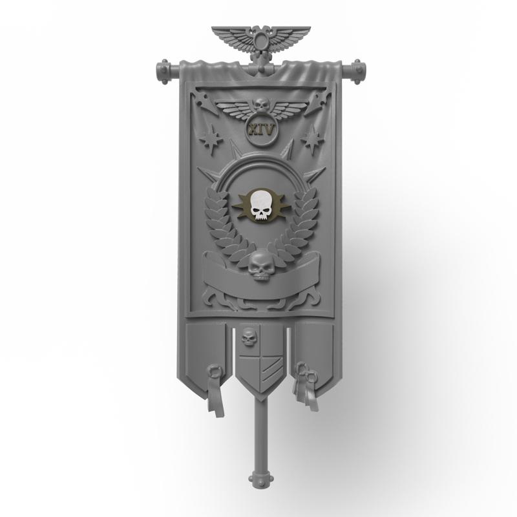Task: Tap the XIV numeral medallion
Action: [x=260, y=129]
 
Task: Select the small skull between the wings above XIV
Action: [x=260, y=103]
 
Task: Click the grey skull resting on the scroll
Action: [x=259, y=266]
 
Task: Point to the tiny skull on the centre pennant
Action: [x=248, y=336]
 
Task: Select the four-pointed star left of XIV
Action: [x=210, y=138]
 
